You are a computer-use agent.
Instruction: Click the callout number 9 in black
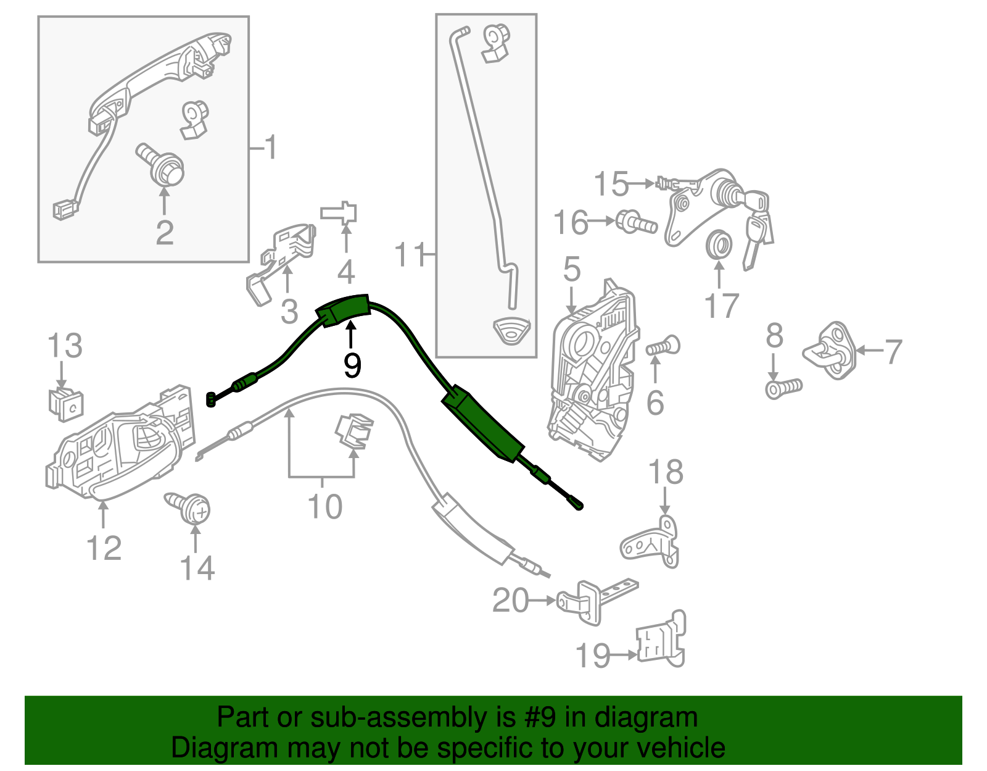coord(352,365)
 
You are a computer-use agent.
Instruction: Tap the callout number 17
coord(721,306)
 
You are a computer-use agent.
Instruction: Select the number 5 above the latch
coord(572,270)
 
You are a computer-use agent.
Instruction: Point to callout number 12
coord(104,547)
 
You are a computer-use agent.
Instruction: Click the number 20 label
coord(511,600)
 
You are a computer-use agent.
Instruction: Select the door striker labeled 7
coord(830,350)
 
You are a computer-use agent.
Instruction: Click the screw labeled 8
coord(783,388)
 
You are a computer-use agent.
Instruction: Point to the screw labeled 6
coord(663,346)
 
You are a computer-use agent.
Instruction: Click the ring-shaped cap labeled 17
coord(718,245)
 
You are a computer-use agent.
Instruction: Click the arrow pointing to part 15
coord(642,183)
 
